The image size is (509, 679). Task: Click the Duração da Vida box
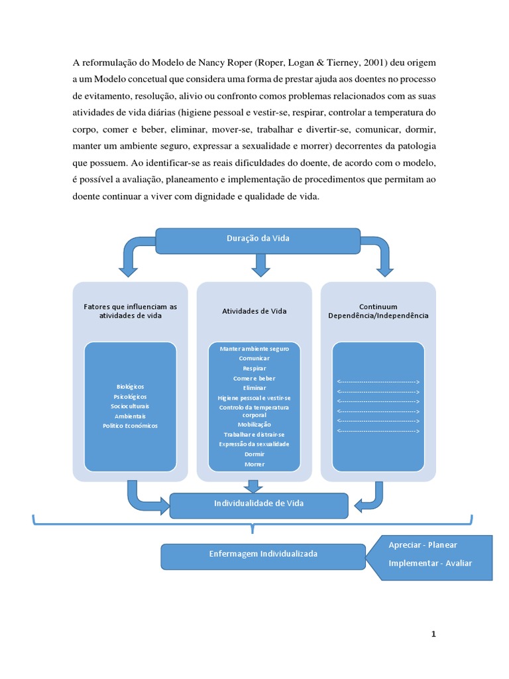point(258,238)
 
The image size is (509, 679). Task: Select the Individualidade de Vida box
point(258,504)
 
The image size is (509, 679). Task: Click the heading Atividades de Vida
point(254,311)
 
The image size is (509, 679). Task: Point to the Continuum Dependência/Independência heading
point(378,311)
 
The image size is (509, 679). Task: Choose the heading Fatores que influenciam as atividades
point(131,311)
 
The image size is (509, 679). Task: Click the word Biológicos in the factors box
point(131,387)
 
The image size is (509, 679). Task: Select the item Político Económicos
point(131,426)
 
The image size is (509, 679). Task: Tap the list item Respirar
point(254,367)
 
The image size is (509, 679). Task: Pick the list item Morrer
point(254,464)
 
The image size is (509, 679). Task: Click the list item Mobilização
point(254,424)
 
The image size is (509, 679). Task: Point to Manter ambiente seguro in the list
point(254,348)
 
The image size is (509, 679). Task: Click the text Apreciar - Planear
point(423,545)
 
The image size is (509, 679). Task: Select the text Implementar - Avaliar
point(430,564)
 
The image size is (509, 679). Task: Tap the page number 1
point(433,635)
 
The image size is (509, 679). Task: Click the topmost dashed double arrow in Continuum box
point(378,383)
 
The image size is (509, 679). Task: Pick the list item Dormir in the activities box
point(254,454)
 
